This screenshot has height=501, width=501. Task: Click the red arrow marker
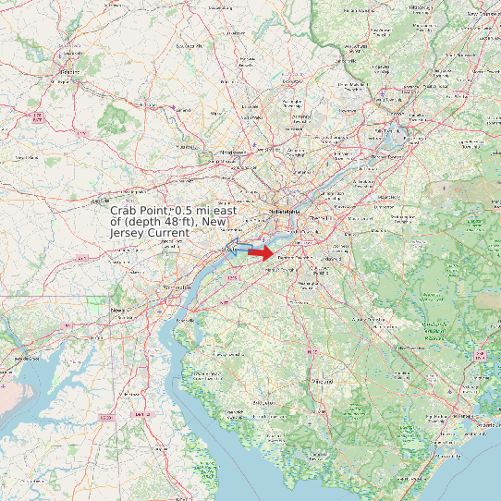[262, 251]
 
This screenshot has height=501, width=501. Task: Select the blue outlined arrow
[238, 246]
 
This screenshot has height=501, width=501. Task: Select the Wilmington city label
[177, 288]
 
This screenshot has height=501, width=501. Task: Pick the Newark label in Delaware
[117, 311]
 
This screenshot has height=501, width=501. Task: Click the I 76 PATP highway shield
[37, 116]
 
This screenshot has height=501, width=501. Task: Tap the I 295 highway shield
[232, 276]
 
